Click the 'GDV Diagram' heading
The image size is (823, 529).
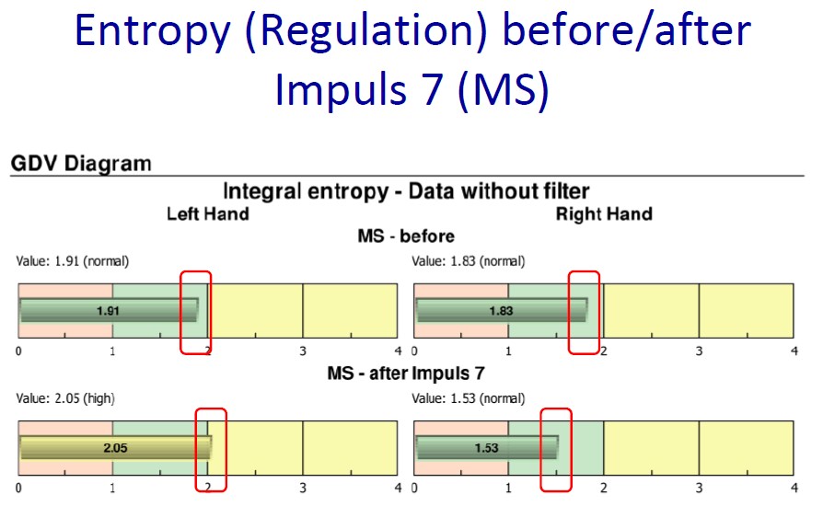pyautogui.click(x=81, y=164)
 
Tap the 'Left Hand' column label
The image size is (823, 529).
pyautogui.click(x=208, y=214)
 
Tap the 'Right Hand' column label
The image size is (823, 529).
pyautogui.click(x=604, y=214)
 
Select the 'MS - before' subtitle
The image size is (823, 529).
pyautogui.click(x=406, y=236)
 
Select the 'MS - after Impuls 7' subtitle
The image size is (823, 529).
pyautogui.click(x=406, y=374)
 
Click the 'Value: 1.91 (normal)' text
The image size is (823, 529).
pyautogui.click(x=73, y=261)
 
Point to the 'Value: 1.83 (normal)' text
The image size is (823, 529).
pyautogui.click(x=469, y=261)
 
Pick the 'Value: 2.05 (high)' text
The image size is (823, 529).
pyautogui.click(x=65, y=398)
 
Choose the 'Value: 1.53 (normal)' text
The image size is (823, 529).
pyautogui.click(x=469, y=398)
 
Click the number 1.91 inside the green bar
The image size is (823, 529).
pyautogui.click(x=108, y=311)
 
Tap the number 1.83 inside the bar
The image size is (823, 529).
pyautogui.click(x=501, y=311)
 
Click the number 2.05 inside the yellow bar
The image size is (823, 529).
pyautogui.click(x=115, y=448)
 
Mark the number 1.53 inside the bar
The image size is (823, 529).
pyautogui.click(x=487, y=448)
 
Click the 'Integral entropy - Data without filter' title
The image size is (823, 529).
pyautogui.click(x=406, y=191)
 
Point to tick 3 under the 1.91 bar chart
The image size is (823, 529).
pyautogui.click(x=303, y=351)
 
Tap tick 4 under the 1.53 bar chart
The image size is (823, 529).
pyautogui.click(x=794, y=489)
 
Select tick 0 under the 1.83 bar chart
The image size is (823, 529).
pyautogui.click(x=414, y=351)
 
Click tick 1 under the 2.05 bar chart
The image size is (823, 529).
pyautogui.click(x=112, y=489)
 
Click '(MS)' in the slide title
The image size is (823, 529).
pyautogui.click(x=504, y=89)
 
